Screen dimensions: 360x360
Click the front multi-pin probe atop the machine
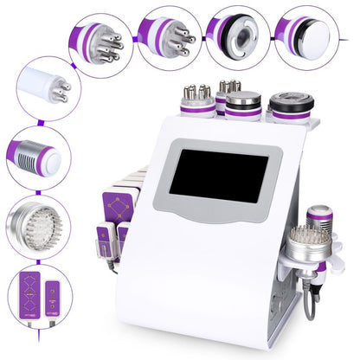(197, 100)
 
